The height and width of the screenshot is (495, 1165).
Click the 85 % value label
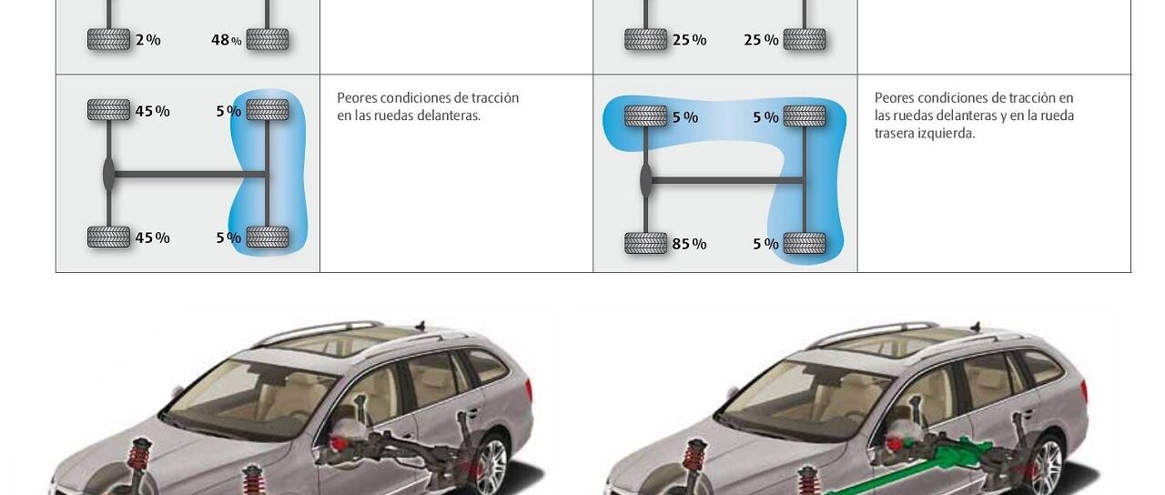point(689,244)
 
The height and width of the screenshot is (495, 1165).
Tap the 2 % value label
point(147,40)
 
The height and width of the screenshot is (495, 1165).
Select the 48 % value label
point(226,40)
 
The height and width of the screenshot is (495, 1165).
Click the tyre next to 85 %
point(645,244)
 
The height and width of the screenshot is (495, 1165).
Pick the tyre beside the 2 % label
point(108,40)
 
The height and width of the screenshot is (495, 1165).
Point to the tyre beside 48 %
point(268,40)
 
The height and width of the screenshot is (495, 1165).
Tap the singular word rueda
point(1056,116)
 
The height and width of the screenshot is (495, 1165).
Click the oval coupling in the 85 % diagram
point(646,180)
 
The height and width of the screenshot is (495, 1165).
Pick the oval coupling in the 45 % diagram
point(109,174)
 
